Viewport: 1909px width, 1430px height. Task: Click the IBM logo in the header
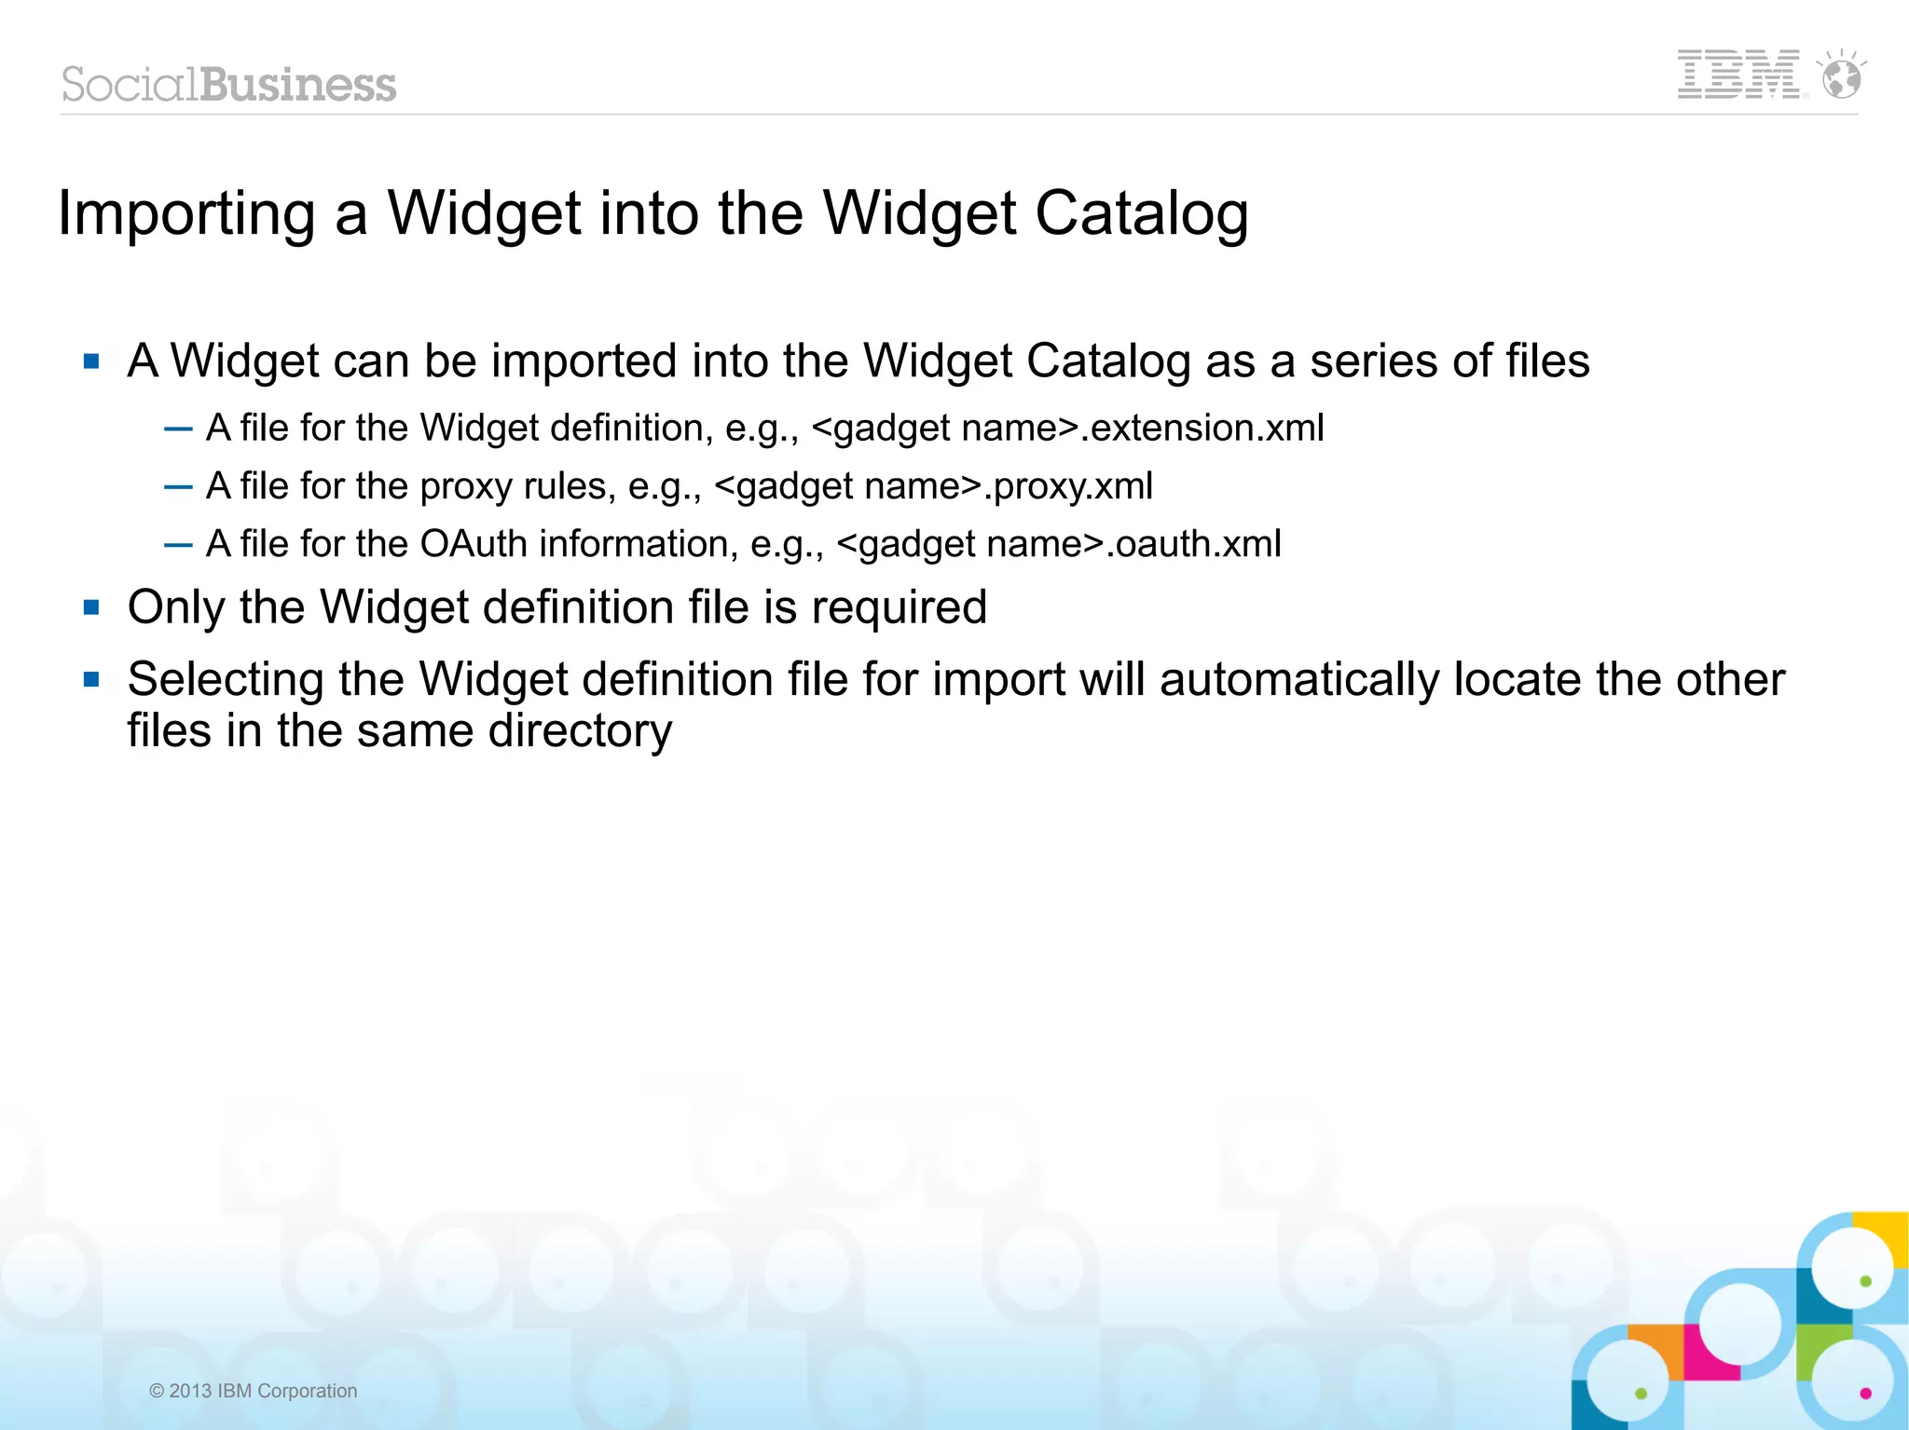pyautogui.click(x=1738, y=75)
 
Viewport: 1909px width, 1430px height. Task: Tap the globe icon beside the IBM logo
pyautogui.click(x=1842, y=77)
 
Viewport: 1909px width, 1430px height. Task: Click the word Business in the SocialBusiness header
pyautogui.click(x=298, y=85)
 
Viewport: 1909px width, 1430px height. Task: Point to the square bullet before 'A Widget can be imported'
pyautogui.click(x=91, y=361)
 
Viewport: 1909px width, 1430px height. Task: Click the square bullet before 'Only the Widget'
pyautogui.click(x=91, y=608)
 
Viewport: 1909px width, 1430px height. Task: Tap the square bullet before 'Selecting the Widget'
pyautogui.click(x=91, y=679)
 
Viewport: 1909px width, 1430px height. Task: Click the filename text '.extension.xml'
pyautogui.click(x=1202, y=428)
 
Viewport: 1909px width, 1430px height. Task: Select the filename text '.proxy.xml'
pyautogui.click(x=1068, y=485)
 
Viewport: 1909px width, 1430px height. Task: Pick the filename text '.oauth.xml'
pyautogui.click(x=1193, y=543)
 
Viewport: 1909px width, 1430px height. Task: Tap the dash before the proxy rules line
pyautogui.click(x=177, y=486)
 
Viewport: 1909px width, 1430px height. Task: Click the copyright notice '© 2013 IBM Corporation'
pyautogui.click(x=253, y=1391)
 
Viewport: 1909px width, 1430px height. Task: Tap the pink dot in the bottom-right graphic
pyautogui.click(x=1865, y=1394)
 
